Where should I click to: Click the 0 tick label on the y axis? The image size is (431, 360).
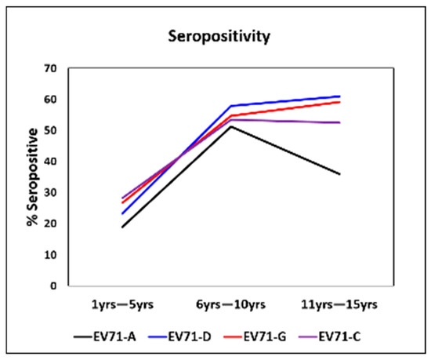pyautogui.click(x=56, y=286)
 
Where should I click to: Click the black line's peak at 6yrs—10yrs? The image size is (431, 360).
pyautogui.click(x=230, y=126)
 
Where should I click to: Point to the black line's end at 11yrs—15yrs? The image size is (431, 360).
pyautogui.click(x=339, y=174)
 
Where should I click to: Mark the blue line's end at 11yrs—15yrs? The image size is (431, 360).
pyautogui.click(x=339, y=96)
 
